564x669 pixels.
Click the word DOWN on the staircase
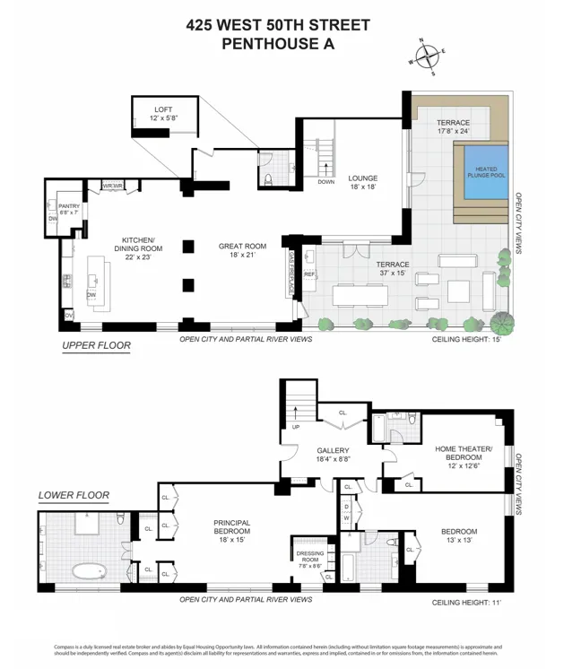(325, 182)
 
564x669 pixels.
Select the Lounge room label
(363, 182)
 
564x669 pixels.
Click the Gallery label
(331, 454)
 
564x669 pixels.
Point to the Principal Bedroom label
(230, 527)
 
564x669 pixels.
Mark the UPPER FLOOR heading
(96, 345)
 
